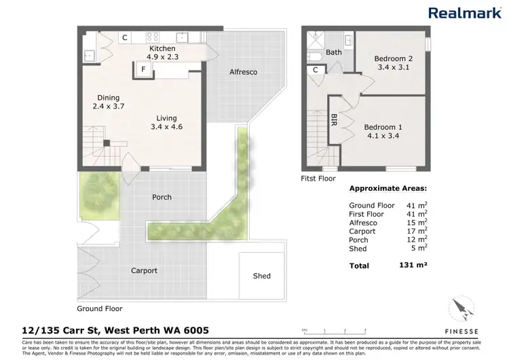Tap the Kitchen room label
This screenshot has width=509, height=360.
point(162,49)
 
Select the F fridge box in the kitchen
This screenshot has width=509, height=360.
point(144,69)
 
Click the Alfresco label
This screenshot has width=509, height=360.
point(243,71)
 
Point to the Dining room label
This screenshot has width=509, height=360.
point(109,97)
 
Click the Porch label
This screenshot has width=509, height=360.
point(162,197)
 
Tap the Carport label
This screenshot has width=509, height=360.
point(144,270)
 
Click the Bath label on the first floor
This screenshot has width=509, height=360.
point(334,52)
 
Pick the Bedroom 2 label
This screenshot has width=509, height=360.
point(393,59)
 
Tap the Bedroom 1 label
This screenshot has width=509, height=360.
point(383,127)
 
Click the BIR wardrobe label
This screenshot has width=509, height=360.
point(334,120)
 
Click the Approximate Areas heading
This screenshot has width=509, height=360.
point(388,190)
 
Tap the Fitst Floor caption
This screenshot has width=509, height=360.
point(319,179)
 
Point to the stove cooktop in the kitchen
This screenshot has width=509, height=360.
point(153,37)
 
